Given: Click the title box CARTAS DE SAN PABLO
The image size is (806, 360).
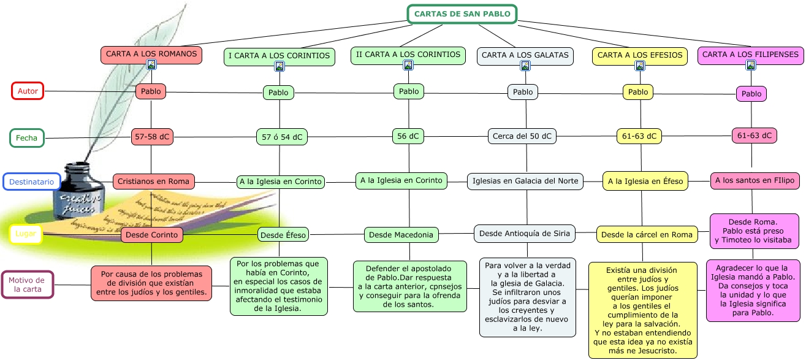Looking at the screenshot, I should click(x=462, y=14).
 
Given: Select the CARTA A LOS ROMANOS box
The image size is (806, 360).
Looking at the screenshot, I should click(x=151, y=54).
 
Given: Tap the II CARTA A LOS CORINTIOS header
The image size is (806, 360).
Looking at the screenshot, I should click(x=408, y=55).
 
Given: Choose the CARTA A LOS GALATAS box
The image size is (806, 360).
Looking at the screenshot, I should click(x=525, y=55).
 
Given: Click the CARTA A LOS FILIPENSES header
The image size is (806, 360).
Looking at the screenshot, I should click(x=750, y=55).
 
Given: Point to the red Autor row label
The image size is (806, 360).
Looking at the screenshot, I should click(x=28, y=91).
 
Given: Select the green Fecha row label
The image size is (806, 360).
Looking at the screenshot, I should click(x=27, y=138).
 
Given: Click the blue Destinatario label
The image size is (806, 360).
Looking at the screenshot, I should click(x=31, y=182).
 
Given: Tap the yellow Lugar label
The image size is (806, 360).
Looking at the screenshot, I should click(x=26, y=234).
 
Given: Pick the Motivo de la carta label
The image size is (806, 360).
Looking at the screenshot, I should click(x=28, y=285).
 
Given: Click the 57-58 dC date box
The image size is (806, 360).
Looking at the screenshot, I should click(x=152, y=137).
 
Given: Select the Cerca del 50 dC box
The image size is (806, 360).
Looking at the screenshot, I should click(x=522, y=136).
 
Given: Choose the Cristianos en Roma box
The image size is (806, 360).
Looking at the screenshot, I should click(x=154, y=182).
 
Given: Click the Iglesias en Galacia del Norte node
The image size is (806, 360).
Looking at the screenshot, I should click(x=525, y=182).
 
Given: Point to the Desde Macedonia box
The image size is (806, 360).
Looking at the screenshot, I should click(x=401, y=234).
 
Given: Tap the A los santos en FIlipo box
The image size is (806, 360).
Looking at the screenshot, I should click(x=755, y=181).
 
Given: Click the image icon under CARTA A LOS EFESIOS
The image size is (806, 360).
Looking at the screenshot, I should click(x=640, y=66).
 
